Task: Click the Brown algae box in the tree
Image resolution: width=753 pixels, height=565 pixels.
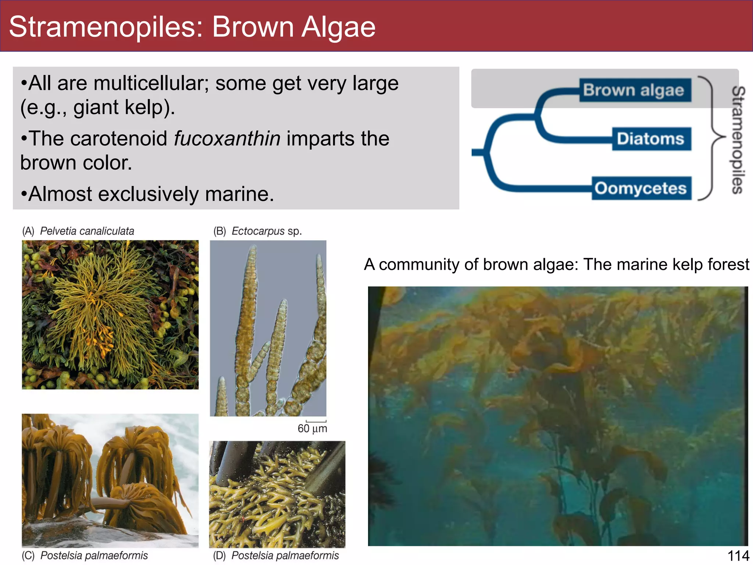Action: pyautogui.click(x=635, y=90)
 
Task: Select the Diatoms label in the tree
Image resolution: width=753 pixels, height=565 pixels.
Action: pyautogui.click(x=651, y=139)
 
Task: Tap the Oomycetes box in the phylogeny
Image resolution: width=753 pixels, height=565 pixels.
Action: pyautogui.click(x=641, y=188)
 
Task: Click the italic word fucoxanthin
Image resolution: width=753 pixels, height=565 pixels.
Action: pyautogui.click(x=227, y=139)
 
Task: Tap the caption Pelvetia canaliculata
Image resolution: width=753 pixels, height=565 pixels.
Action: pyautogui.click(x=87, y=231)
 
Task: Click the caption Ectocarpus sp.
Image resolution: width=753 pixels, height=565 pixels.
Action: pyautogui.click(x=266, y=231)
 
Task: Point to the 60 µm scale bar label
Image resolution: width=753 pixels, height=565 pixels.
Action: pyautogui.click(x=312, y=428)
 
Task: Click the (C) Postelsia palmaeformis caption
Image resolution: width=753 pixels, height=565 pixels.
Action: pyautogui.click(x=85, y=555)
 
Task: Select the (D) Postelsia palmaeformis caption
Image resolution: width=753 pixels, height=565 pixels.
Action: pyautogui.click(x=276, y=555)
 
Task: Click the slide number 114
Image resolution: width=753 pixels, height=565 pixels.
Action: pyautogui.click(x=738, y=556)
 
